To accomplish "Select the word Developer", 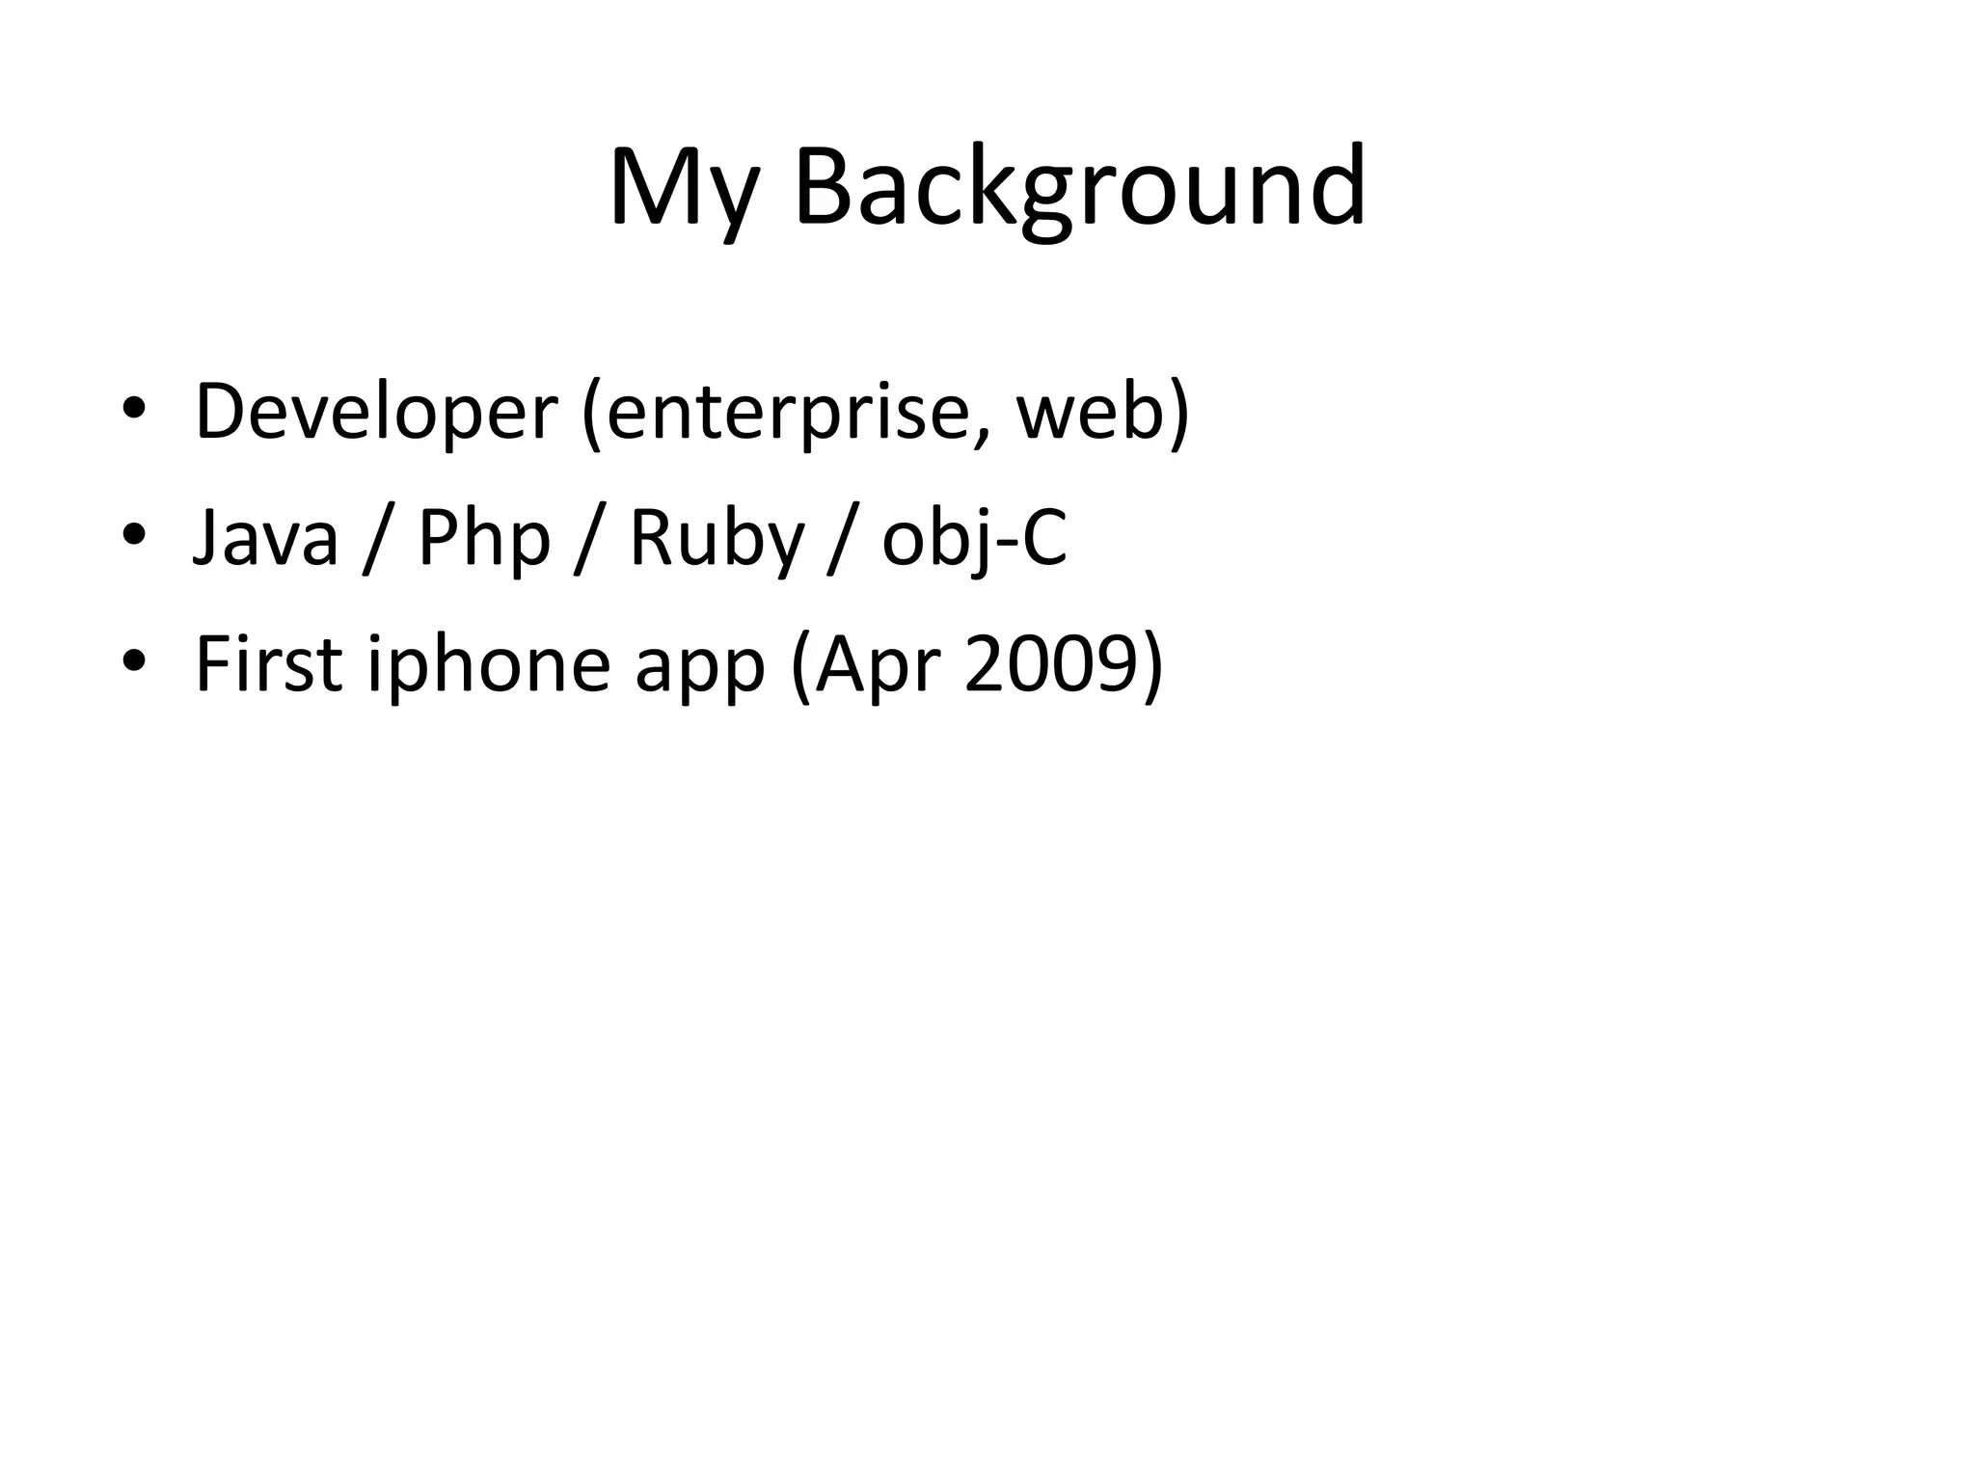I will [376, 412].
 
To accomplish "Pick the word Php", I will [483, 537].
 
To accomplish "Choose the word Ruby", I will [716, 537].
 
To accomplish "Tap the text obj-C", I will [974, 537].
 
